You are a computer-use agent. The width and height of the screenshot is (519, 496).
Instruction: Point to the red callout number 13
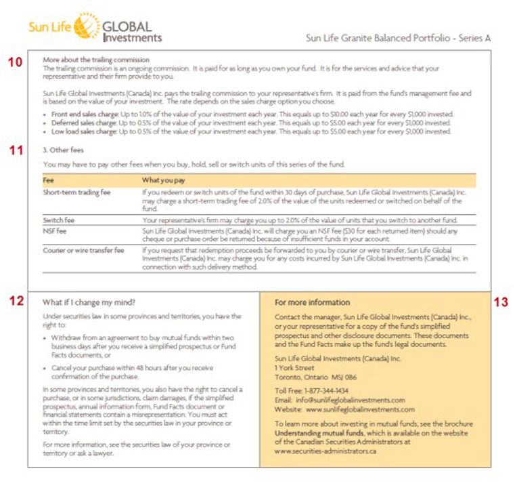(501, 302)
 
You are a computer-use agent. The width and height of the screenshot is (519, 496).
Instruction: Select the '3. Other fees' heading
(65, 151)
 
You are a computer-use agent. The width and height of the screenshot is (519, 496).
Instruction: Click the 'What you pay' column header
(163, 181)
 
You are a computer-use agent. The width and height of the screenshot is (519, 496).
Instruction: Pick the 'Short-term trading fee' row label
(76, 193)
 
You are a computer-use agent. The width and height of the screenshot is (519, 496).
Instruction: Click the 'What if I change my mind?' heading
(89, 302)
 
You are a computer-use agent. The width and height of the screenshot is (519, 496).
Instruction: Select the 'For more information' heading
(312, 302)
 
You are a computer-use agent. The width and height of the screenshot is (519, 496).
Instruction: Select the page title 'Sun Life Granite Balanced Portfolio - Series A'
(398, 38)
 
